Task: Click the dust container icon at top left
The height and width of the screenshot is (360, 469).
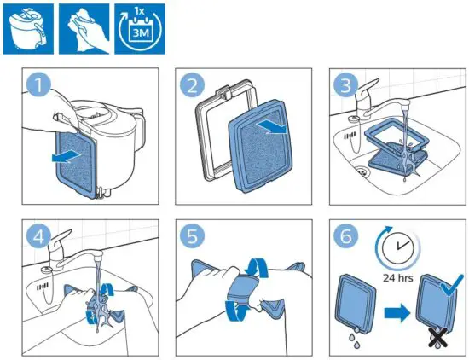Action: coord(26,26)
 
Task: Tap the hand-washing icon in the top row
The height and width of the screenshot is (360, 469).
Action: coord(80,26)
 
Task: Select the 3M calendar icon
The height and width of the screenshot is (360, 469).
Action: coord(136,26)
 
